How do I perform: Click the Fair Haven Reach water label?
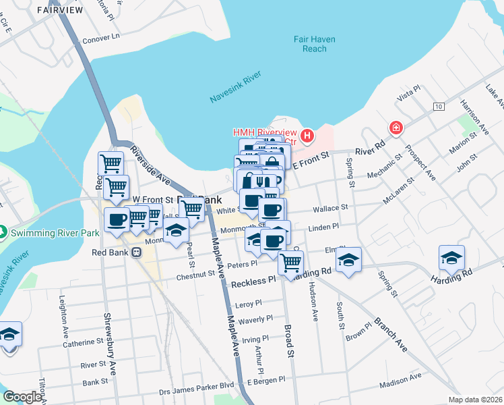pyautogui.click(x=310, y=45)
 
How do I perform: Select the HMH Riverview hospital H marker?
pyautogui.click(x=307, y=137)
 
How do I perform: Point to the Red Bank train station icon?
pyautogui.click(x=137, y=252)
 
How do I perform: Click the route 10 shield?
pyautogui.click(x=439, y=107)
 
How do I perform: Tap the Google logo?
pyautogui.click(x=22, y=397)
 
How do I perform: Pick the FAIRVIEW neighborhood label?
pyautogui.click(x=61, y=9)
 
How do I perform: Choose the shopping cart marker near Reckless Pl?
pyautogui.click(x=290, y=262)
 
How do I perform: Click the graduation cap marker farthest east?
pyautogui.click(x=452, y=257)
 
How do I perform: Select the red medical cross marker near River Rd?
pyautogui.click(x=396, y=127)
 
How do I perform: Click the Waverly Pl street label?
pyautogui.click(x=255, y=319)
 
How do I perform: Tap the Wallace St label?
pyautogui.click(x=331, y=208)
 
